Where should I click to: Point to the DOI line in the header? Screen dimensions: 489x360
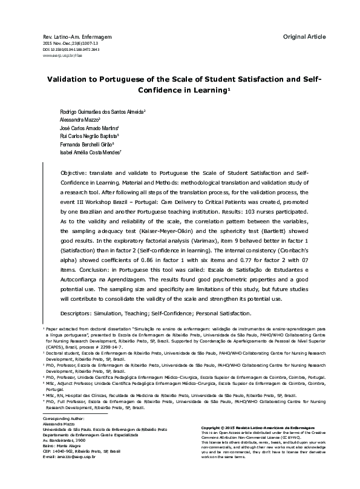pos(75,50)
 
